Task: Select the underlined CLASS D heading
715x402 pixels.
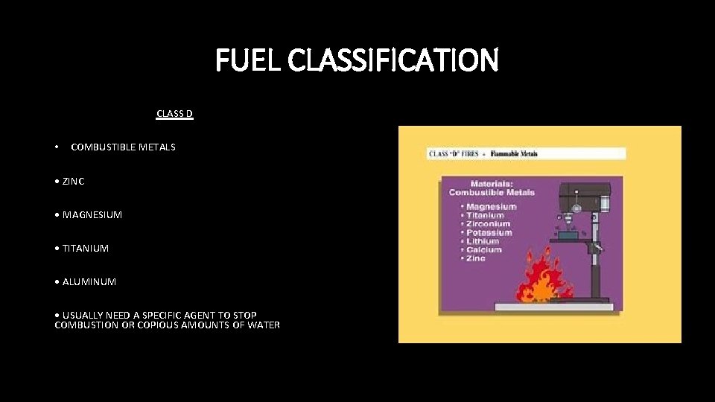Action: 175,114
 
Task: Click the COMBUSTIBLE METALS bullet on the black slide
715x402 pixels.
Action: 123,147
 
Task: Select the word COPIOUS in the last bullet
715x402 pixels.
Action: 152,325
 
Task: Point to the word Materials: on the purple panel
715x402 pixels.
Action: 492,183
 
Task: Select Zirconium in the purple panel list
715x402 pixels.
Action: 489,224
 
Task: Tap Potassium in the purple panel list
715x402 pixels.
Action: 489,232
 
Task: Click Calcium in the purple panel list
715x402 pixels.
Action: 484,250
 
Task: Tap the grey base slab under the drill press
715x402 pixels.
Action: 551,307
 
